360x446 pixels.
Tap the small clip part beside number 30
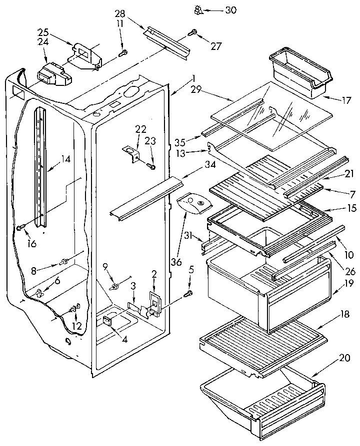tap(198, 8)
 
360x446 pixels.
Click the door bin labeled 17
tap(298, 72)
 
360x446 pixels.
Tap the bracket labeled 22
tap(131, 153)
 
